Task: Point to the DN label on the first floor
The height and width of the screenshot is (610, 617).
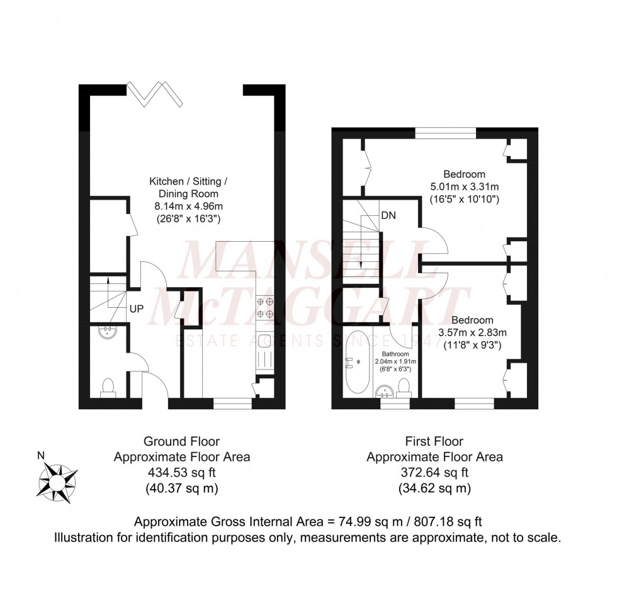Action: pos(388,215)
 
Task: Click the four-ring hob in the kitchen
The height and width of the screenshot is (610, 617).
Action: pos(264,308)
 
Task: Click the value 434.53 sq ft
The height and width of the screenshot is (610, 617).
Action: pos(181,473)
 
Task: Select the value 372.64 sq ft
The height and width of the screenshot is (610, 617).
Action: pos(434,473)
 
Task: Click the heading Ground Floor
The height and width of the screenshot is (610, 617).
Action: pos(181,442)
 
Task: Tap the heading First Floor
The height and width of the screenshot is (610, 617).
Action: pos(434,442)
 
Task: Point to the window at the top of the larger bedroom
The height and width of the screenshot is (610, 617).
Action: pos(446,132)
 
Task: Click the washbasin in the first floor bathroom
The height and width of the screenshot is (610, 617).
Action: pos(385,393)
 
